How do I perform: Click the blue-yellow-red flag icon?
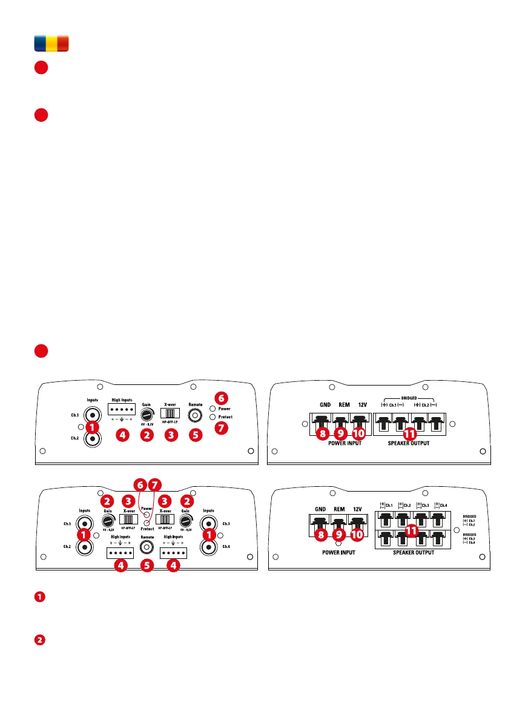pyautogui.click(x=51, y=43)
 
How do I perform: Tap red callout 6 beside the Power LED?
pyautogui.click(x=222, y=398)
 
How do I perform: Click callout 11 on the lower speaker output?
pyautogui.click(x=412, y=530)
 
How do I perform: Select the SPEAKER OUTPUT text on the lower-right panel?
pyautogui.click(x=411, y=553)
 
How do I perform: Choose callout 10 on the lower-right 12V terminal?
pyautogui.click(x=358, y=535)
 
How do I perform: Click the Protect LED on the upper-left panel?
pyautogui.click(x=211, y=417)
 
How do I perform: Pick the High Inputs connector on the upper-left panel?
pyautogui.click(x=122, y=409)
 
